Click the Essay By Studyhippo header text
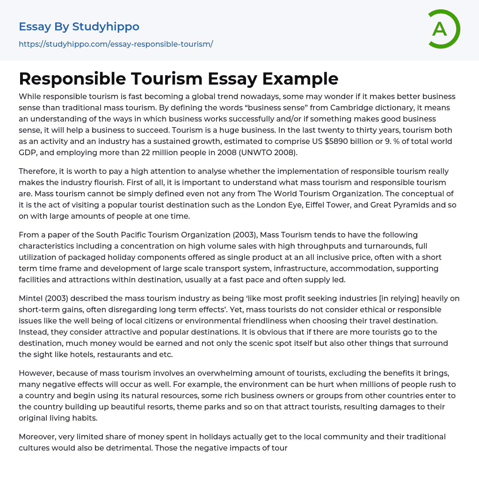[79, 27]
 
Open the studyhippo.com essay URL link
[116, 44]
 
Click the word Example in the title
[300, 79]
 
